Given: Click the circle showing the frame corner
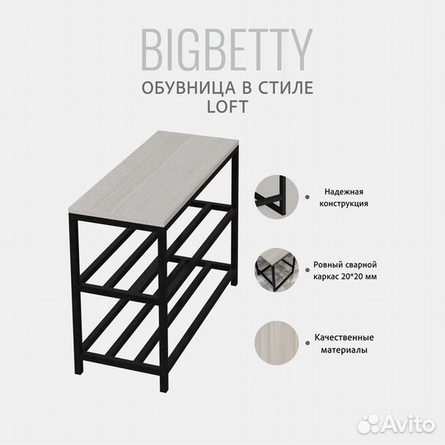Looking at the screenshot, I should [x=274, y=195].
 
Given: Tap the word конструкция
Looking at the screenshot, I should [x=341, y=202].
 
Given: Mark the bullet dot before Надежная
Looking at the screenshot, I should [x=307, y=195].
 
